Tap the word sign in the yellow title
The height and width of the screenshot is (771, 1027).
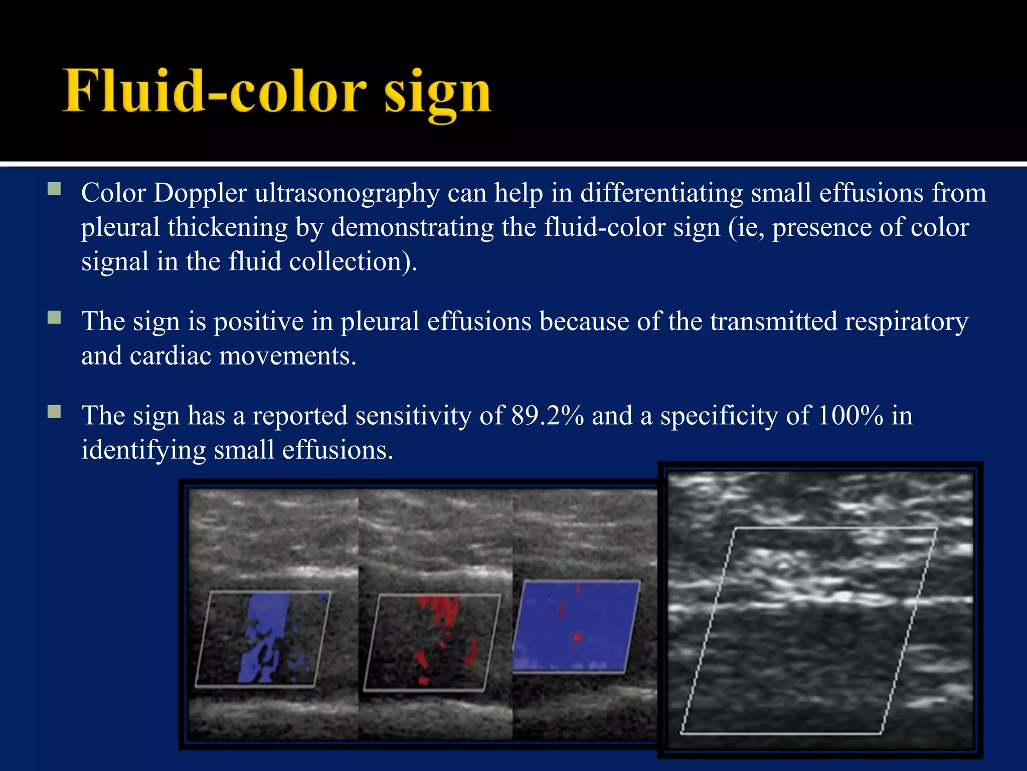point(437,94)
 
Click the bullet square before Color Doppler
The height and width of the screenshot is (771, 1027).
point(54,189)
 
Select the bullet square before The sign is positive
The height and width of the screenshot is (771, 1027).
point(54,317)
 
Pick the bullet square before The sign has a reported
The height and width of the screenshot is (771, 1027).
point(54,412)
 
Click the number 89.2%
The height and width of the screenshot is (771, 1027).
point(547,416)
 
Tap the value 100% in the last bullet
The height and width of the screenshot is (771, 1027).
point(850,416)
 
